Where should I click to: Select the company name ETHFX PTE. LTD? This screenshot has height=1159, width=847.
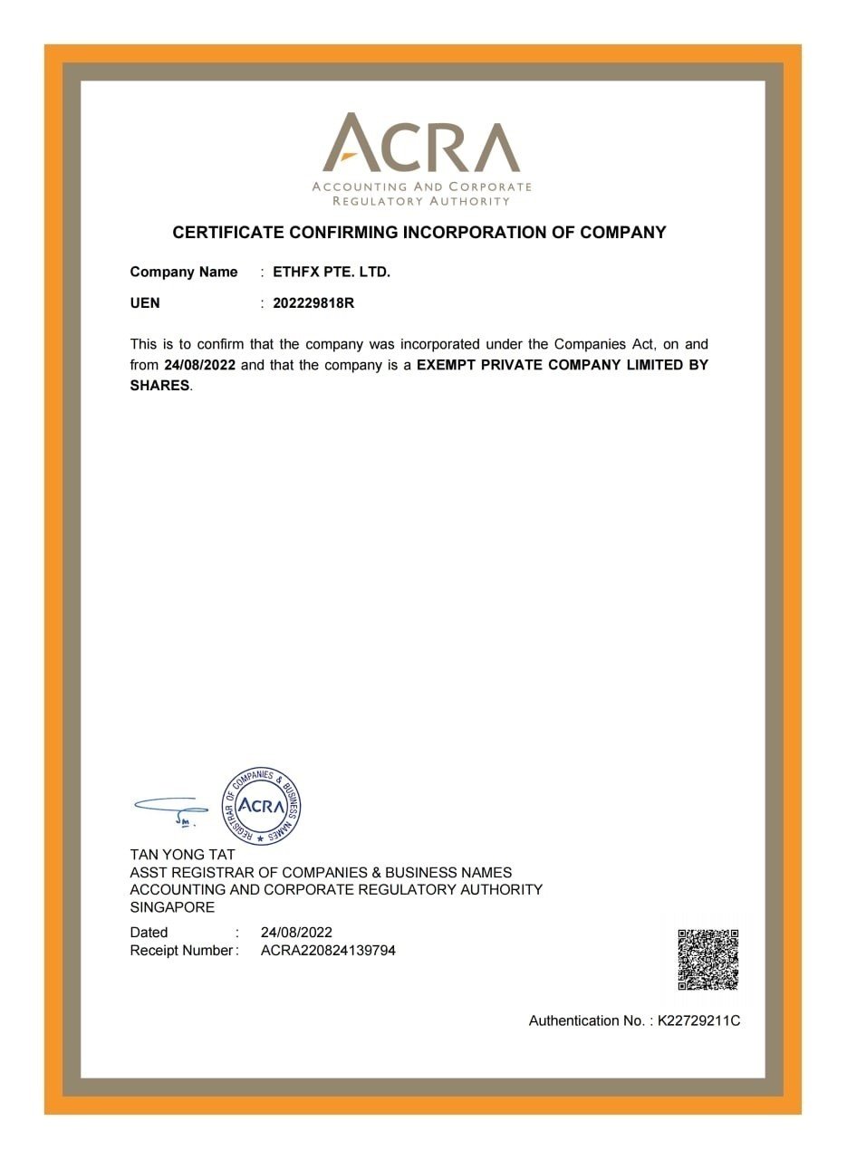332,272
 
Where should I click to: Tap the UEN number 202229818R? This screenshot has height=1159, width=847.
313,303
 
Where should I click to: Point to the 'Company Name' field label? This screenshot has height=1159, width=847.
184,272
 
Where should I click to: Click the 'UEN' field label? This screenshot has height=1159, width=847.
145,303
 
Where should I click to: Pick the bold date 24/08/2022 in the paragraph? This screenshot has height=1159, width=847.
200,365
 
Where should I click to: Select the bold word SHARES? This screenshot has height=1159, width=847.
159,385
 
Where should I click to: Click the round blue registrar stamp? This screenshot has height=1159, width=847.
262,806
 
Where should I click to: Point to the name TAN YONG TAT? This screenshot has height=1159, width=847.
182,855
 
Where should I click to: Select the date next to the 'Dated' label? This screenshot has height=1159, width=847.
296,932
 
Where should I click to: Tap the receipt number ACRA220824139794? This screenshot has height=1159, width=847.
328,951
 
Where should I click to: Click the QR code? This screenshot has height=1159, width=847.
707,959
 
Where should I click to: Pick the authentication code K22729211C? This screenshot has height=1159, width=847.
698,1020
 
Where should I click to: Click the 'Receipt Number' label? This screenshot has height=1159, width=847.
182,951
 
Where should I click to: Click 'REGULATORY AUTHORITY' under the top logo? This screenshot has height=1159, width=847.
421,201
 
